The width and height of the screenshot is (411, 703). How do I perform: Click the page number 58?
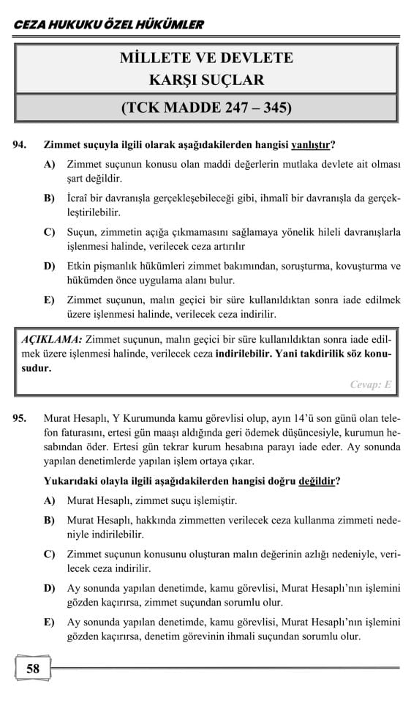[x=32, y=668]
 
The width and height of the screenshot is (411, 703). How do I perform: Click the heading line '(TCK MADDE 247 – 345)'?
[x=207, y=108]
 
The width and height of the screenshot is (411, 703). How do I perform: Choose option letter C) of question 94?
[x=50, y=233]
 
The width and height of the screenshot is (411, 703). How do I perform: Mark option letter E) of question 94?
[x=50, y=300]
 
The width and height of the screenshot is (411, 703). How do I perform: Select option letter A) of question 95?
[x=50, y=502]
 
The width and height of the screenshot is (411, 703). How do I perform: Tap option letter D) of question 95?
[x=50, y=587]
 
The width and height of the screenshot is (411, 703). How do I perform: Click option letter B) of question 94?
[x=50, y=199]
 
